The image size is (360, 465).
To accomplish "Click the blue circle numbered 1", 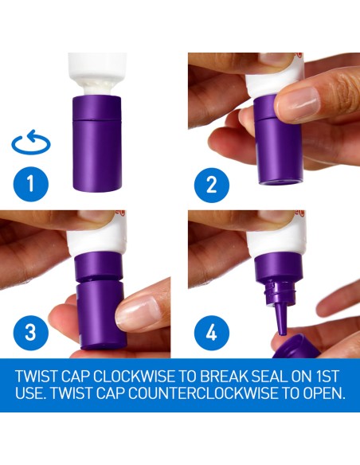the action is click(x=31, y=184).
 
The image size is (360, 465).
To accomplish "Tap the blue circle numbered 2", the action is click(x=212, y=185).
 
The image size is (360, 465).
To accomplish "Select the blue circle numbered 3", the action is click(x=31, y=333).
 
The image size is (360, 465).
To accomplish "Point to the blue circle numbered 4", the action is click(x=212, y=333).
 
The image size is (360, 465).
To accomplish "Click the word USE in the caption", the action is click(x=30, y=393).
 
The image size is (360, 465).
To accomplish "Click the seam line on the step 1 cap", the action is click(x=96, y=119).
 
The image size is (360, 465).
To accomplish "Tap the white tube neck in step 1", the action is click(x=97, y=90).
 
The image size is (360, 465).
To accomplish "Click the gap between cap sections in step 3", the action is click(x=100, y=281).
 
